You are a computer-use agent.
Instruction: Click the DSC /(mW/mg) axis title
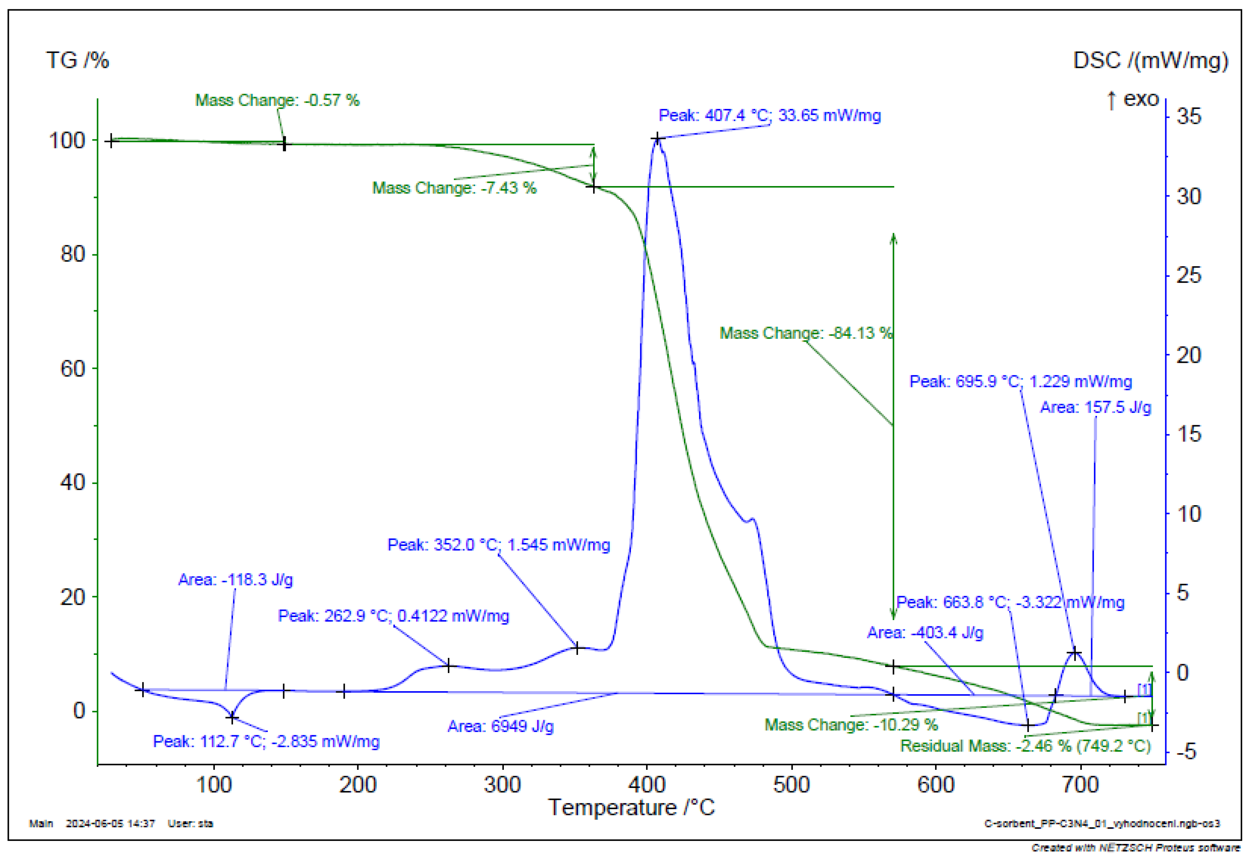[1150, 60]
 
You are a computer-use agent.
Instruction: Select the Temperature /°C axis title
[631, 808]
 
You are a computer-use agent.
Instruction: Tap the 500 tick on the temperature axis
[791, 785]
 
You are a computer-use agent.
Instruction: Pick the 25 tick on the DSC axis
[1189, 276]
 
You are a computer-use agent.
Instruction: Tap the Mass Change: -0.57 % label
[277, 100]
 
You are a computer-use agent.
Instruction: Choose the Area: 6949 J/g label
[500, 726]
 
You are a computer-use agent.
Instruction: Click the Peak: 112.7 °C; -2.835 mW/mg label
[266, 741]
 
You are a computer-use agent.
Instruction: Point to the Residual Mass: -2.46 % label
[1025, 746]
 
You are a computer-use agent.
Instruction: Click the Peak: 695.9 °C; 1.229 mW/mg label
[1020, 381]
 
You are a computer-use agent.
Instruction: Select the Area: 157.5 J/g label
[1096, 407]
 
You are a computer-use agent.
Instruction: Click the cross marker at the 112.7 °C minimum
[232, 717]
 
